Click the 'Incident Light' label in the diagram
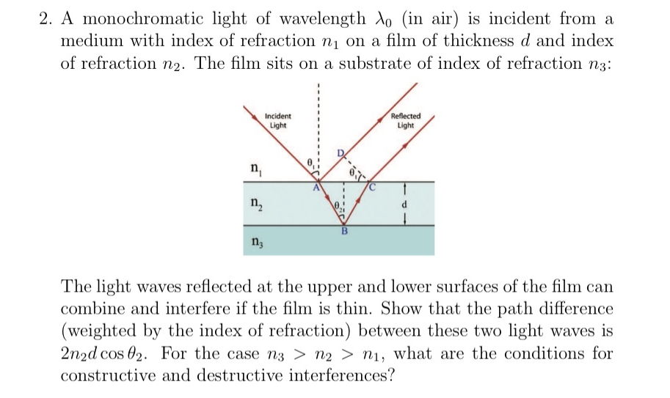coord(278,121)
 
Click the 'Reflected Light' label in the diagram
coord(406,121)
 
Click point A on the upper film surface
coord(316,188)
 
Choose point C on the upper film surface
coord(372,188)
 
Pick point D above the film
coord(340,152)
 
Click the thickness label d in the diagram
coord(404,203)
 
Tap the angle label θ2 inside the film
coord(338,206)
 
